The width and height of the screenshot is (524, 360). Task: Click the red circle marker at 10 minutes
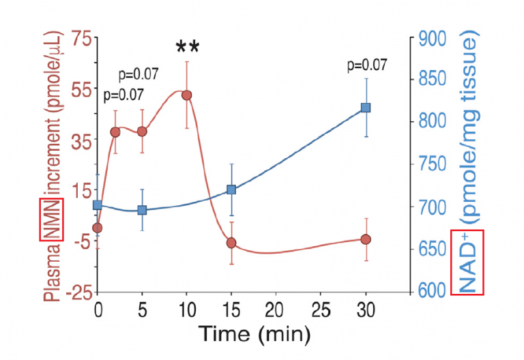pos(186,95)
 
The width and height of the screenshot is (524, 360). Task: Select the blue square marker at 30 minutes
pos(366,108)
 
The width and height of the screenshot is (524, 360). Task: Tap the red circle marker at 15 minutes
pos(231,243)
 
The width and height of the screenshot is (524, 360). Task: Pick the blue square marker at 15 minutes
pos(231,190)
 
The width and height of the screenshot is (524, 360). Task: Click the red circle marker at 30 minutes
pos(366,239)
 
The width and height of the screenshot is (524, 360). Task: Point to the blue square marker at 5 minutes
pos(142,210)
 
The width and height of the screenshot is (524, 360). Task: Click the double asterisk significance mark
pos(187,48)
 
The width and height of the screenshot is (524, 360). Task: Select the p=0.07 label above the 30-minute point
pos(366,65)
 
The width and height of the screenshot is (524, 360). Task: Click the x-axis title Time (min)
pos(254,334)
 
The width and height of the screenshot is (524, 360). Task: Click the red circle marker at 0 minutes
pos(98,228)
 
